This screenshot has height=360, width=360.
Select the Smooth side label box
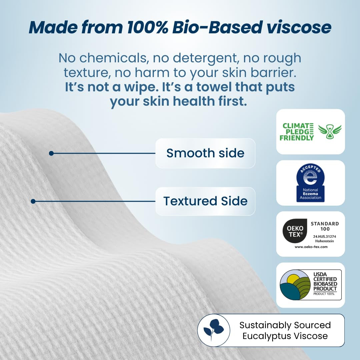pos(205,153)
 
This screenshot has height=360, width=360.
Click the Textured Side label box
pos(205,201)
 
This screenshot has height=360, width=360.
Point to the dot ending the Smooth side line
pos(51,153)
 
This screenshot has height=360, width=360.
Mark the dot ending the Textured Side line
pos(33,201)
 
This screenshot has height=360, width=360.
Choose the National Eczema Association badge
pos(310,183)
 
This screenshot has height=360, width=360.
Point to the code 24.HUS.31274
pos(325,236)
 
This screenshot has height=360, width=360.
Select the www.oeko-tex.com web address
pos(311,247)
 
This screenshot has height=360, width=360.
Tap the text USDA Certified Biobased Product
pos(325,282)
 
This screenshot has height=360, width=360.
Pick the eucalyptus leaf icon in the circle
pos(214,330)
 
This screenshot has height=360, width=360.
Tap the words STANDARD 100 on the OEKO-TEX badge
pos(325,226)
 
